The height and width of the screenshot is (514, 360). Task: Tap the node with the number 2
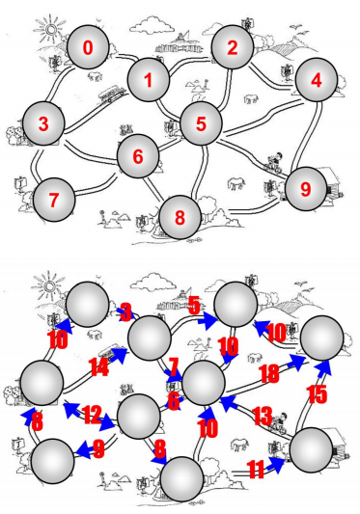[233, 46]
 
